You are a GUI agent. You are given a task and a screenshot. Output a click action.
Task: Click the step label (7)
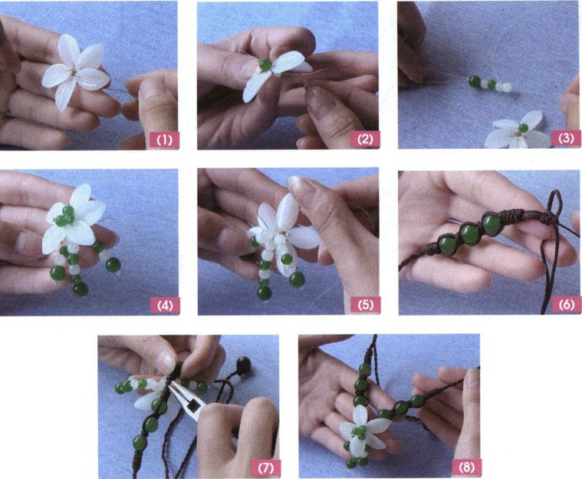[x=262, y=465]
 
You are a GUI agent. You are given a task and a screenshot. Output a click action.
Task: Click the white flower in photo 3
[x=518, y=133]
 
